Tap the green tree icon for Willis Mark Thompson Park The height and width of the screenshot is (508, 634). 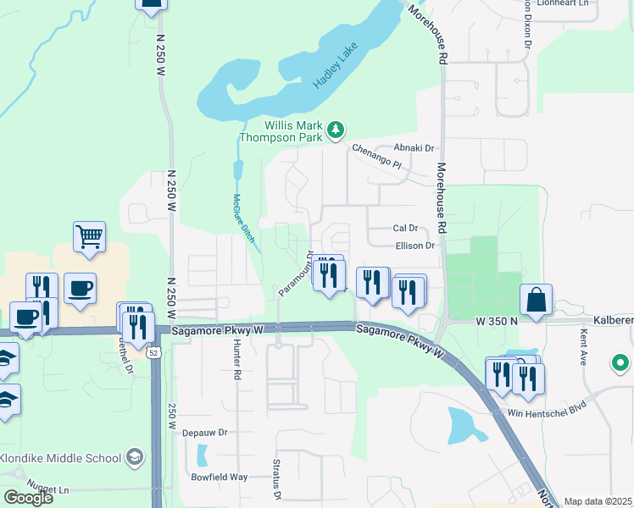336,130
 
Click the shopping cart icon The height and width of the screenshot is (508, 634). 89,236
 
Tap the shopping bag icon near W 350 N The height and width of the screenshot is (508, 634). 536,299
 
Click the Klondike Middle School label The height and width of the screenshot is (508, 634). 60,458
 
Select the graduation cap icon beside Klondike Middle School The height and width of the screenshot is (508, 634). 134,458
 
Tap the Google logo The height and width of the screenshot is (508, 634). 28,497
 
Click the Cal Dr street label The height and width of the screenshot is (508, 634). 406,228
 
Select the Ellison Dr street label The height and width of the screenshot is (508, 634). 414,246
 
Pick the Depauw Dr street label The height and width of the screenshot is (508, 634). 205,432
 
